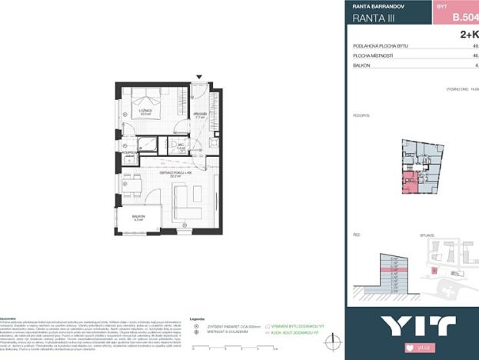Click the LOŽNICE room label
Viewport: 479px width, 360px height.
[x=145, y=111]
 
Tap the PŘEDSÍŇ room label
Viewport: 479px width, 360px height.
[x=199, y=115]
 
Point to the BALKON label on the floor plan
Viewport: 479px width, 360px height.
[x=138, y=218]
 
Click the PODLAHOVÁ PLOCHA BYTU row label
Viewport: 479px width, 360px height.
[x=380, y=46]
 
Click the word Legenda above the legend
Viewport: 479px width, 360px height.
[x=197, y=318]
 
